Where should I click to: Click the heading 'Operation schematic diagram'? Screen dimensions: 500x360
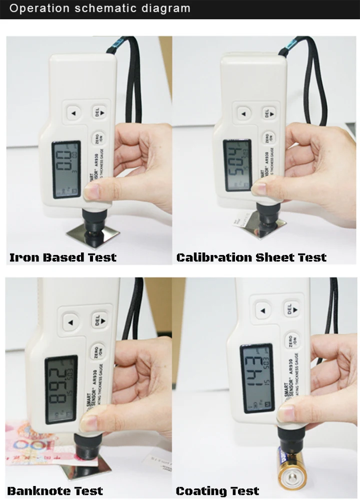click(x=100, y=8)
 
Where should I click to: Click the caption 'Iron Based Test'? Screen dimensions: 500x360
click(x=63, y=258)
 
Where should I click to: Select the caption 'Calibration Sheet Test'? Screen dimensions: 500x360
click(x=251, y=258)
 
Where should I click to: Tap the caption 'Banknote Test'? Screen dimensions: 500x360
click(x=55, y=491)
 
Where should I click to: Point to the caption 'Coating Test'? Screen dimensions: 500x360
click(x=217, y=491)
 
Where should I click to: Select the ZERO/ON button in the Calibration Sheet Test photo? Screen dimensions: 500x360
click(x=268, y=136)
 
